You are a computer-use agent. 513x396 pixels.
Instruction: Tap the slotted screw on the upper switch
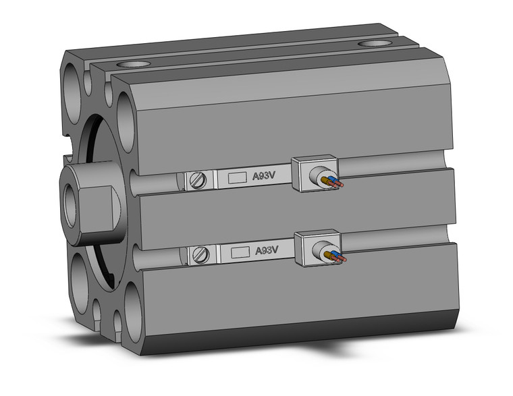[197, 180]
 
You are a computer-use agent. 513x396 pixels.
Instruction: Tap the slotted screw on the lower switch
[200, 254]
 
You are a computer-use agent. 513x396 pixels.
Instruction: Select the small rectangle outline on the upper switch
[237, 178]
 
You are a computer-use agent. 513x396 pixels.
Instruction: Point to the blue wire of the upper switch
[327, 179]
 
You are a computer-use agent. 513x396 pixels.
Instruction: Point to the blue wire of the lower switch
[329, 254]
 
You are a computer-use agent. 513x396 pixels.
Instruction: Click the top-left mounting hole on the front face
[74, 84]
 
